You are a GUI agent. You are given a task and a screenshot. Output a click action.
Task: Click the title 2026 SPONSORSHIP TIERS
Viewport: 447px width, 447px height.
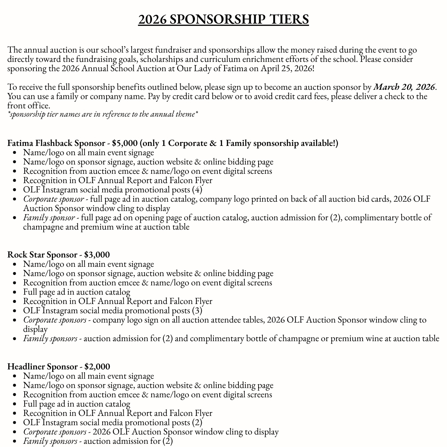point(223,19)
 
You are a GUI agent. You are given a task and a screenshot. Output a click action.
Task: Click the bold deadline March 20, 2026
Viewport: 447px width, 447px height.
point(404,87)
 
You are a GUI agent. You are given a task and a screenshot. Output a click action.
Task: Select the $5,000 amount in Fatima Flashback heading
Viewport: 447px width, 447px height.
point(124,143)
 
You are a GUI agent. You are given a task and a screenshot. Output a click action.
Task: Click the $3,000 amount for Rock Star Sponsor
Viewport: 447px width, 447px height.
point(97,255)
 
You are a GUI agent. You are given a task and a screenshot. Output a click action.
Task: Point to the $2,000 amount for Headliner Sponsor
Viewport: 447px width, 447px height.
point(97,367)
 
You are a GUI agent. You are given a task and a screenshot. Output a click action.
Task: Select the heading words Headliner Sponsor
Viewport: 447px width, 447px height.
point(43,367)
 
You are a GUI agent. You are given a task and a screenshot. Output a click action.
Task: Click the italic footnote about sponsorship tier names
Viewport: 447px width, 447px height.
point(103,114)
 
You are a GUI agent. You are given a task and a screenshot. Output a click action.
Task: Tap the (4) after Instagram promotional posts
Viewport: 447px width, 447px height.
point(197,190)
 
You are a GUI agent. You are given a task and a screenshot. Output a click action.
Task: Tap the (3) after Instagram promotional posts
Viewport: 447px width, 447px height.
point(197,310)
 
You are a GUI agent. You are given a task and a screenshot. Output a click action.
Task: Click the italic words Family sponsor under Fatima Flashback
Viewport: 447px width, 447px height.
point(49,217)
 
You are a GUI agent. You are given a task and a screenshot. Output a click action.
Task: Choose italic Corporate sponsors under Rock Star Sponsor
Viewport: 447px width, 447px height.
point(55,320)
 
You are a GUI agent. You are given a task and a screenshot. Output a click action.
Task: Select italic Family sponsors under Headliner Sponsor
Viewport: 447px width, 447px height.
point(50,441)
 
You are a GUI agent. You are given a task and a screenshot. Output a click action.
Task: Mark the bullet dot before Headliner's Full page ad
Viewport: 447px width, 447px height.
point(15,404)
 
